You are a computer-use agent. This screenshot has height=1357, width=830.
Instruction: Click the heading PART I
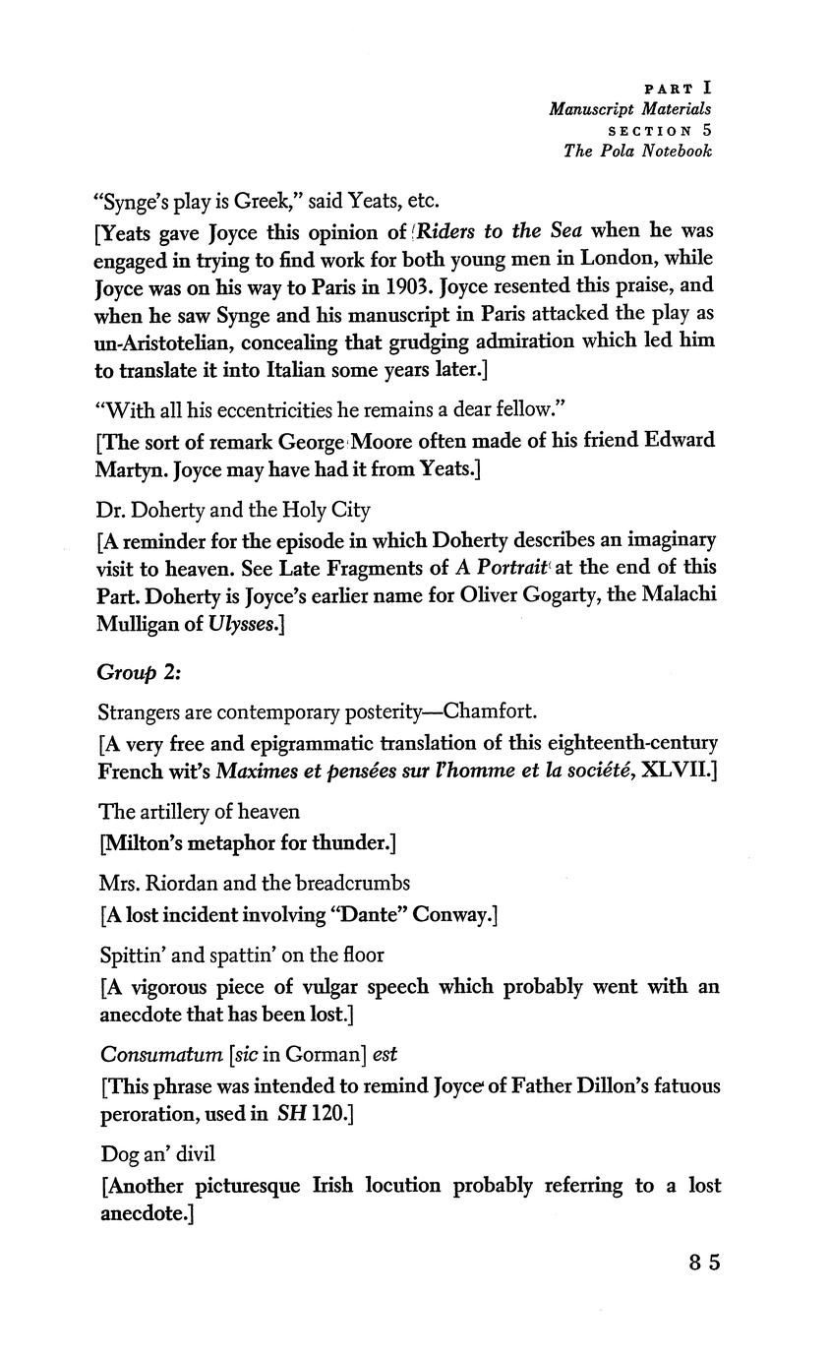pos(677,88)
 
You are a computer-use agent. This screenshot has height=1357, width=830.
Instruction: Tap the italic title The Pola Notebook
pos(637,151)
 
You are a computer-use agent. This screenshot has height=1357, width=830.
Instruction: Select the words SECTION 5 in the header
pos(660,130)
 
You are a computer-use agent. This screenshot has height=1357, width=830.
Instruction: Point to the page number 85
pos(704,1263)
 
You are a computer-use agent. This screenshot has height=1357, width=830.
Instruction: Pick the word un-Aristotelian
pos(158,341)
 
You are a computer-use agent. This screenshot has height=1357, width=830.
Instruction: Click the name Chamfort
pos(491,711)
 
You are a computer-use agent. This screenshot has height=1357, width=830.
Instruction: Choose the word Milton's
pos(150,842)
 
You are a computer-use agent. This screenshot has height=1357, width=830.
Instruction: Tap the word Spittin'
pos(135,955)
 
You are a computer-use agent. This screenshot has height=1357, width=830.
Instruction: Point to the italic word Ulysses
pos(244,624)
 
